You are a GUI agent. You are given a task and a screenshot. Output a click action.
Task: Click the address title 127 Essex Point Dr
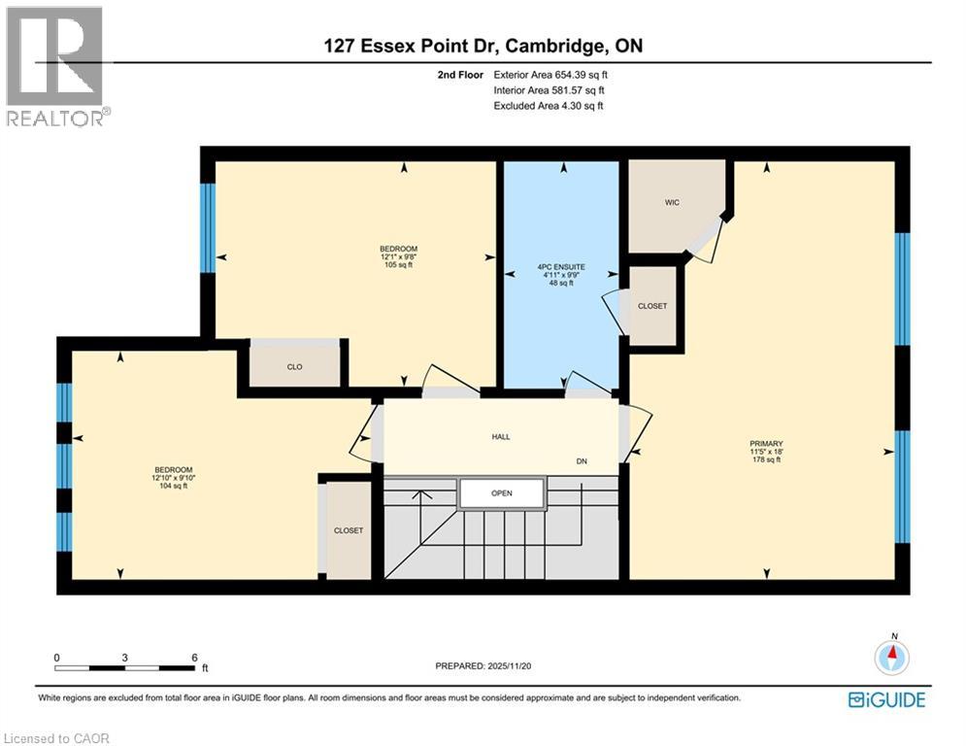[483, 46]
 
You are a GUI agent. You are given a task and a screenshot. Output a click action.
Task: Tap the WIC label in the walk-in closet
[671, 203]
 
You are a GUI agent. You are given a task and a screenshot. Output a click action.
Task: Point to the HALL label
[500, 436]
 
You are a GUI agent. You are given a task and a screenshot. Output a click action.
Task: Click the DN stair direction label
[582, 460]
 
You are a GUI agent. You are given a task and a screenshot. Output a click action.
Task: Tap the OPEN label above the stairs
[501, 493]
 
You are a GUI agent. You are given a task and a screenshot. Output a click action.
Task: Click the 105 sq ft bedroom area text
[398, 264]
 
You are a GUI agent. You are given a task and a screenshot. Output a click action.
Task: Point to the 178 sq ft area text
[766, 460]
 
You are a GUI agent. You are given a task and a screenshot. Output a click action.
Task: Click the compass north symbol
[891, 657]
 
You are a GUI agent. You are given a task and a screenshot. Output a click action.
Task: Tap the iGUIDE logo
[886, 699]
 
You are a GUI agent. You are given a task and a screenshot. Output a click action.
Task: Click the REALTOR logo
[56, 66]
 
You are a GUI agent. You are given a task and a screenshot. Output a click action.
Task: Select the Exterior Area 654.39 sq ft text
[550, 74]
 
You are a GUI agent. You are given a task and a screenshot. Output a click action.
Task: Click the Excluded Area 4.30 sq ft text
[549, 105]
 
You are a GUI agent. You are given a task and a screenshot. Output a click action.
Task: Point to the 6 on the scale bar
[195, 657]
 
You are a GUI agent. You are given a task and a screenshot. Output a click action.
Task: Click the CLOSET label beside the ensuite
[652, 306]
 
